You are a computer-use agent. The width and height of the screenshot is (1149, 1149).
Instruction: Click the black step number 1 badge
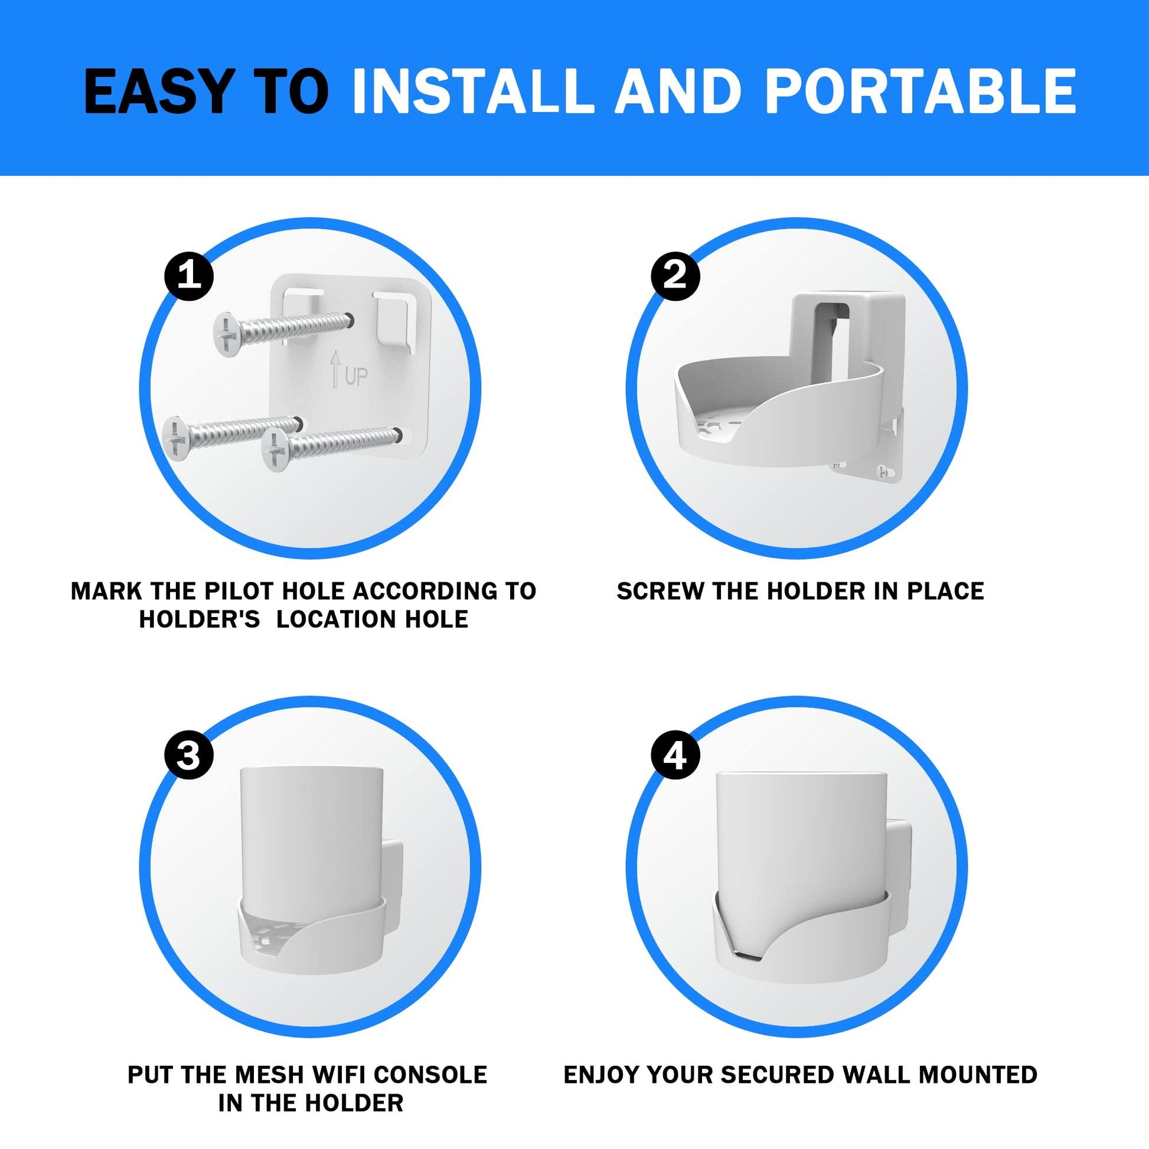[x=189, y=276]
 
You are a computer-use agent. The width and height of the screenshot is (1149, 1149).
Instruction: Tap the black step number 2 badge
[x=675, y=276]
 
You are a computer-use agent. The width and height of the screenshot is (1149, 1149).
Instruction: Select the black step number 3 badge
[x=189, y=756]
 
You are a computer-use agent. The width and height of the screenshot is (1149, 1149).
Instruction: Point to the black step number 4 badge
[x=675, y=756]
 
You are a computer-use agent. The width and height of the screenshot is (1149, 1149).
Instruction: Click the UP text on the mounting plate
[x=355, y=377]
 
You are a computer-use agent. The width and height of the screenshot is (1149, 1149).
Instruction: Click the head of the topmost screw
[x=227, y=335]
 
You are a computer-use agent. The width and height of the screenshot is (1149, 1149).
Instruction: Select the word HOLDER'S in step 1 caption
[x=200, y=620]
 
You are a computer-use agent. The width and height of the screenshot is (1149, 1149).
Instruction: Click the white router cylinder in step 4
[x=801, y=844]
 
